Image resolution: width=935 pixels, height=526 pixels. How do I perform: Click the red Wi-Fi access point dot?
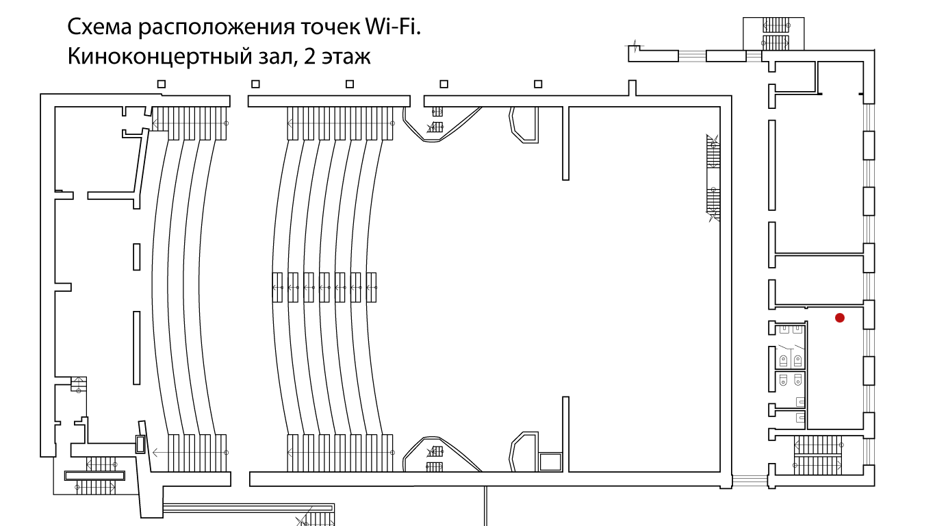click(x=839, y=318)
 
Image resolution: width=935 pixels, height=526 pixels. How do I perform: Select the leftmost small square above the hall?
click(x=162, y=84)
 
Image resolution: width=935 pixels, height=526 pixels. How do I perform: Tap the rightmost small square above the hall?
click(x=538, y=84)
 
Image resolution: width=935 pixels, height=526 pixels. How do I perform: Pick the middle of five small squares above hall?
click(x=350, y=84)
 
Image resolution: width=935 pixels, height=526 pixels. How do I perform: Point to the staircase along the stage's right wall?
click(x=713, y=178)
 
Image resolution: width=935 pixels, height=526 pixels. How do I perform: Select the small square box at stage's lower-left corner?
click(x=550, y=462)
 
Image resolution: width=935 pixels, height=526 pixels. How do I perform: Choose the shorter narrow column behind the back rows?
click(x=137, y=257)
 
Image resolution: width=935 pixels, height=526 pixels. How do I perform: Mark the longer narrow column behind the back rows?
click(x=137, y=348)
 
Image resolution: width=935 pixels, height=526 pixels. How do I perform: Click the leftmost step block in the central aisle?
click(x=277, y=287)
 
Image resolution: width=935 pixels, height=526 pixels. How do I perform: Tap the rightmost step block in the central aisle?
click(x=372, y=287)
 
